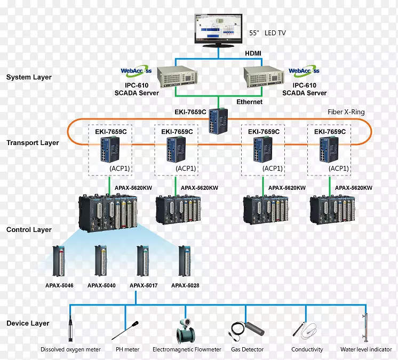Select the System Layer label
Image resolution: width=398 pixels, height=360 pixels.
coord(29,77)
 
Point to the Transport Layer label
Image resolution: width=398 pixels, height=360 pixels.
coord(33,143)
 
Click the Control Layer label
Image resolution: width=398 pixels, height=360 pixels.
coord(29,230)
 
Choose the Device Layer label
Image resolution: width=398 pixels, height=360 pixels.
coord(28,323)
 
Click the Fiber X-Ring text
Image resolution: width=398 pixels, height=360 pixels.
coord(346,113)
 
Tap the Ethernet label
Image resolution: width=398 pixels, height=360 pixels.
coord(250,102)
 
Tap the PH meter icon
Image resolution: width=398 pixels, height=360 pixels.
coord(126,329)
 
